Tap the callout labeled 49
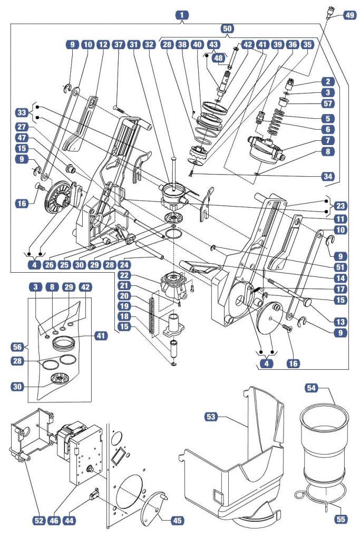click(x=349, y=15)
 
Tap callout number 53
click(x=211, y=417)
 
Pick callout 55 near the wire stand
click(x=340, y=520)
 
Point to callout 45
click(x=178, y=520)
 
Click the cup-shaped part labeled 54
click(x=323, y=443)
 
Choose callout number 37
click(x=119, y=45)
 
